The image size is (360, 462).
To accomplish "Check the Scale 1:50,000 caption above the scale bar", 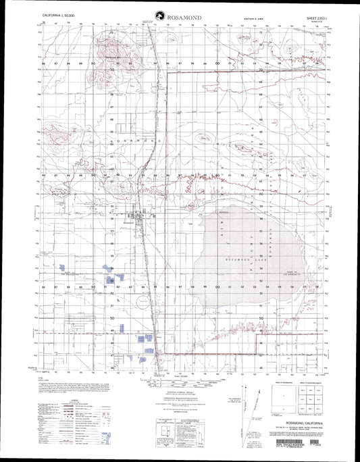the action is [x=179, y=376].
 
